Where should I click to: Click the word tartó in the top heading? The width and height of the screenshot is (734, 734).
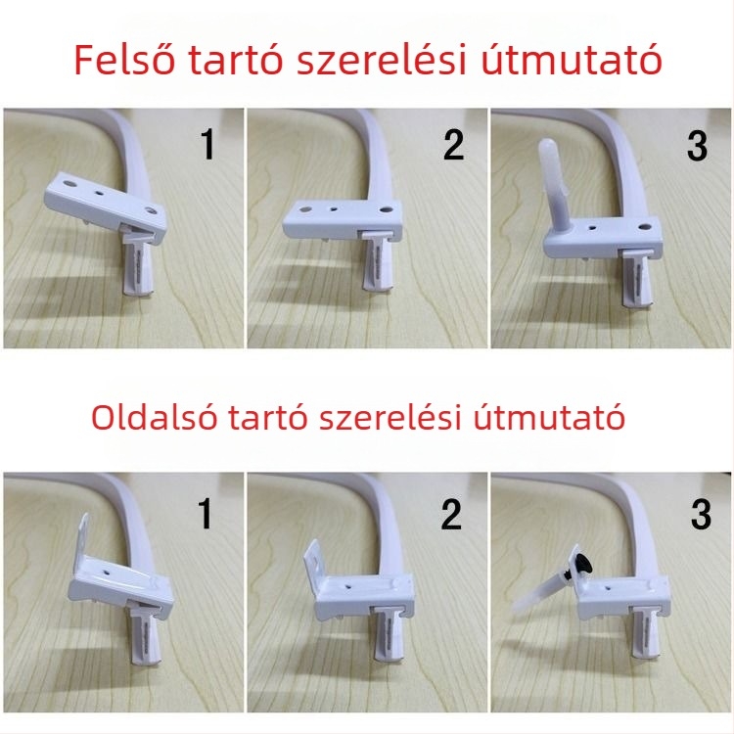[253, 60]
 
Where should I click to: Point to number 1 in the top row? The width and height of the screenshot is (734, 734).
[206, 145]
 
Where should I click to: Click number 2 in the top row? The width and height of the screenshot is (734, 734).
[452, 145]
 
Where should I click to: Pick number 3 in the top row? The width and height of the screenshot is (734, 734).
[696, 145]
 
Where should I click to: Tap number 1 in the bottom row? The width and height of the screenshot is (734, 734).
[206, 514]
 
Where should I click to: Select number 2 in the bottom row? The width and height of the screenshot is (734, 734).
[450, 514]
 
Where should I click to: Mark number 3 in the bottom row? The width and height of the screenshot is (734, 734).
[701, 514]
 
